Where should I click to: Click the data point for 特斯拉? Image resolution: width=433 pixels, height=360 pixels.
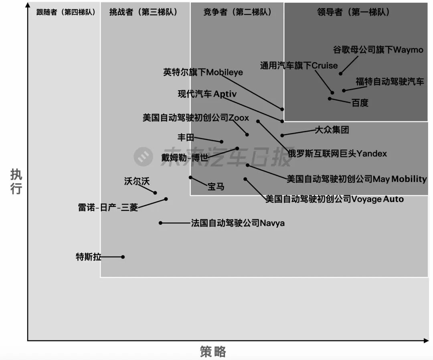click(x=123, y=257)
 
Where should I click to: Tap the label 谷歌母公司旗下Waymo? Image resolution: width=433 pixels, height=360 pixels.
click(x=378, y=50)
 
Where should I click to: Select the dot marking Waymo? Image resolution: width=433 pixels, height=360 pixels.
click(x=341, y=73)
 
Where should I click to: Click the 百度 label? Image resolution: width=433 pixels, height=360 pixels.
click(x=360, y=103)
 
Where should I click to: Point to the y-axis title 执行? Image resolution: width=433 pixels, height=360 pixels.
click(x=16, y=182)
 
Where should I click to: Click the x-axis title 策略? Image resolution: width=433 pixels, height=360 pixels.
click(x=213, y=352)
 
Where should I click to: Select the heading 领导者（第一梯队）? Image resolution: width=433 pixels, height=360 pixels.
click(x=353, y=12)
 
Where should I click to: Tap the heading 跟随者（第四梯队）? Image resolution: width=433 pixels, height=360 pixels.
click(x=65, y=12)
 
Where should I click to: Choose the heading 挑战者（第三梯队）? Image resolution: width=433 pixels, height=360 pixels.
click(x=143, y=12)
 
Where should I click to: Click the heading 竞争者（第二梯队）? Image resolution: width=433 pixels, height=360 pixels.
click(x=237, y=12)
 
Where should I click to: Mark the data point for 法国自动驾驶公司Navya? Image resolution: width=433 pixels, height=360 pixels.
click(x=161, y=223)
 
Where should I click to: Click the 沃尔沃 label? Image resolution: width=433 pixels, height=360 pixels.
click(x=137, y=181)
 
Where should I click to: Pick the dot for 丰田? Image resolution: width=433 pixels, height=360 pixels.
click(x=221, y=142)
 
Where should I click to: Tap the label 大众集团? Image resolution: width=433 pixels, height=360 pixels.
click(x=332, y=130)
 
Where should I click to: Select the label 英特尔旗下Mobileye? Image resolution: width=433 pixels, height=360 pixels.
click(x=203, y=72)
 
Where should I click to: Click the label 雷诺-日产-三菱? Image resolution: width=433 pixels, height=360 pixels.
click(x=108, y=208)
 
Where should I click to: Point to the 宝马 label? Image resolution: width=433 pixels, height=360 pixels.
click(x=216, y=186)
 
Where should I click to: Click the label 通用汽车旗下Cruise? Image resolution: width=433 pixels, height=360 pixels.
click(x=299, y=65)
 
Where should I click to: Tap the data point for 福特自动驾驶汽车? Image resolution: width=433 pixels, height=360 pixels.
click(x=344, y=91)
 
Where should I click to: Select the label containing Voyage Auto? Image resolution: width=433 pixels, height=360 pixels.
click(x=334, y=199)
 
